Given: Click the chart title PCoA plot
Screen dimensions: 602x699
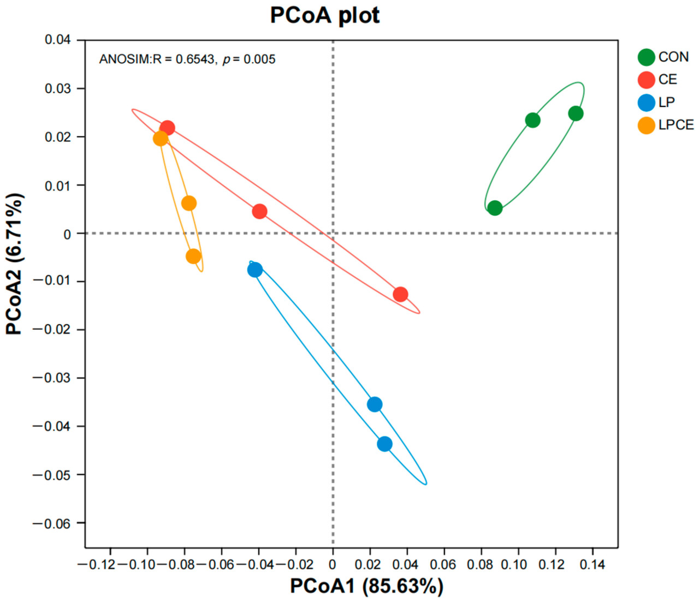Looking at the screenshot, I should click(x=325, y=15).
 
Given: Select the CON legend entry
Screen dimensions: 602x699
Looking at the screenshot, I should click(x=663, y=57).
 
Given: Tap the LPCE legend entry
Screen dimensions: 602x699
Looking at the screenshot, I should click(x=666, y=125).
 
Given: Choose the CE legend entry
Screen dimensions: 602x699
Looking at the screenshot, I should click(x=657, y=80).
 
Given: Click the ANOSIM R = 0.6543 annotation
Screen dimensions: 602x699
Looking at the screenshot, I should click(x=187, y=59).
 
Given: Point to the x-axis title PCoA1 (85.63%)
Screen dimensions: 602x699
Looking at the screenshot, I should click(x=366, y=586).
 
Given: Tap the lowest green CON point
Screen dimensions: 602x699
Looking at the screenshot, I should click(x=495, y=208).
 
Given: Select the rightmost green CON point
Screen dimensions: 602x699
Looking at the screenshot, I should click(x=576, y=114).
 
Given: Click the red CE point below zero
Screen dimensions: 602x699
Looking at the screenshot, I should click(x=400, y=294).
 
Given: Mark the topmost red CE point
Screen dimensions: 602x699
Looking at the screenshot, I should click(x=167, y=128).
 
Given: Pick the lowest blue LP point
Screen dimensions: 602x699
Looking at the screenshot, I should click(x=384, y=444).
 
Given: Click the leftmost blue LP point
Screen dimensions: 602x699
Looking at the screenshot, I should click(x=255, y=270).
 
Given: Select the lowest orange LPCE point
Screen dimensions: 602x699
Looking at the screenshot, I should click(x=193, y=256).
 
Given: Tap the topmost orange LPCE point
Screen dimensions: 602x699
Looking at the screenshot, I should click(x=161, y=139).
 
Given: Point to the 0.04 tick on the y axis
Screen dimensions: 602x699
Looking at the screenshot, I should click(x=58, y=40).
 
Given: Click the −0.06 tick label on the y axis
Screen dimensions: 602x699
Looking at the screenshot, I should click(x=52, y=523).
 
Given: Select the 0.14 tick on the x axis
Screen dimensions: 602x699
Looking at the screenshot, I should click(x=592, y=564).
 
